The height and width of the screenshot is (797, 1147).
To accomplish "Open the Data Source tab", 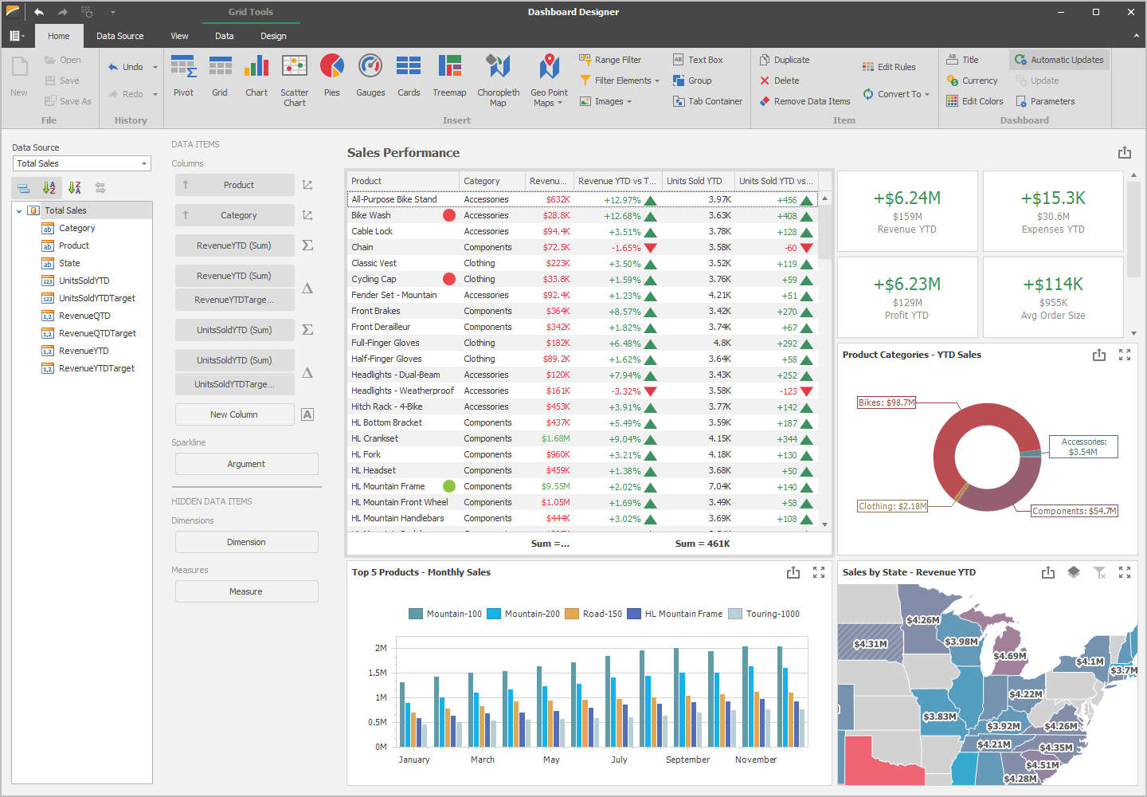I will click(x=120, y=36).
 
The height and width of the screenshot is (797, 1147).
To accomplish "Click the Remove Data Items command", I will click(x=805, y=101).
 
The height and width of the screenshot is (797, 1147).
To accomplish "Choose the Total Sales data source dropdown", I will click(x=82, y=163).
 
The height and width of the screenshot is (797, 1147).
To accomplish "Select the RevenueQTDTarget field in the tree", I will click(x=97, y=333).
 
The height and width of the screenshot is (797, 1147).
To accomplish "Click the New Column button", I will click(x=234, y=414).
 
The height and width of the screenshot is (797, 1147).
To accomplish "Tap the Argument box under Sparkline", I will click(x=246, y=464).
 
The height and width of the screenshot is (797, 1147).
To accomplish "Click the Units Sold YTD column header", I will click(x=694, y=181).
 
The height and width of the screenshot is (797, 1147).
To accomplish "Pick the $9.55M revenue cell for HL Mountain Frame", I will click(x=555, y=486).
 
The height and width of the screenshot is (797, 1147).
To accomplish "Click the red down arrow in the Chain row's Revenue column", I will click(x=650, y=248).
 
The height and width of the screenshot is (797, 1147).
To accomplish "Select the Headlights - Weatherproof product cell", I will click(x=402, y=391).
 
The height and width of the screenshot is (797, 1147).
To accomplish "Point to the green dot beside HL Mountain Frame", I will click(x=449, y=486).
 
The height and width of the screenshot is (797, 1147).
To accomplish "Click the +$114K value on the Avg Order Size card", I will click(x=1053, y=285).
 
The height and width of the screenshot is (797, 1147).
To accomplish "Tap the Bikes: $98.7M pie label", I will click(x=886, y=402).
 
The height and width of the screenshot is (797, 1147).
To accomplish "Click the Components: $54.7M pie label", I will click(x=1074, y=511).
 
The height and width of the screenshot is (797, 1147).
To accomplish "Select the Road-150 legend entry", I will click(x=601, y=614).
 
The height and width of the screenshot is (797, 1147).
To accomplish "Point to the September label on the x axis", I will click(x=687, y=760).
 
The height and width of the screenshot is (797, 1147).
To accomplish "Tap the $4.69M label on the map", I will click(x=1009, y=656).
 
